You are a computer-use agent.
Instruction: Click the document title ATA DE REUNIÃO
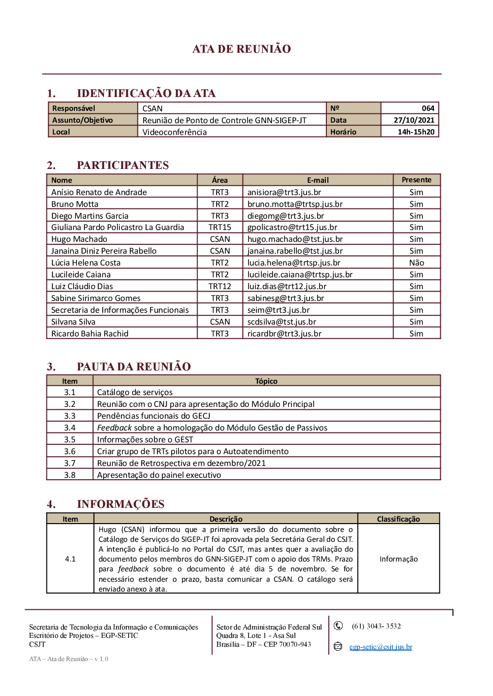click(x=242, y=49)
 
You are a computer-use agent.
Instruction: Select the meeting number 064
click(x=427, y=108)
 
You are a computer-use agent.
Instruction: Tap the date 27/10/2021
click(x=414, y=120)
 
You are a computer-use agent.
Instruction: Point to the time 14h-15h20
click(x=416, y=132)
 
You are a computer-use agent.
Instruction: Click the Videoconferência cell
click(x=175, y=132)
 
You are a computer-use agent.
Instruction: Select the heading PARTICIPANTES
click(x=123, y=165)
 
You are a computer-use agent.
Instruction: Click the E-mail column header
click(x=317, y=180)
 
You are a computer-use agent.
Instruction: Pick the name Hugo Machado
click(x=79, y=239)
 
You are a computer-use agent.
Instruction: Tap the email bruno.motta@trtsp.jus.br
click(x=295, y=204)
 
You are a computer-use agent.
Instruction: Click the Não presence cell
click(x=416, y=263)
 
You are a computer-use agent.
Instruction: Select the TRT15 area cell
click(x=219, y=228)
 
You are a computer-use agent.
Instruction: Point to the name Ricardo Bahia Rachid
click(x=90, y=334)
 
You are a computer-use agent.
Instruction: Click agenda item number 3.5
click(x=70, y=440)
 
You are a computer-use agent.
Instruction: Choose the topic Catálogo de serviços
click(x=135, y=393)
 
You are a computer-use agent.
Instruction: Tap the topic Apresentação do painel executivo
click(x=159, y=475)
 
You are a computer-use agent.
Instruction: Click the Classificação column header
click(x=398, y=519)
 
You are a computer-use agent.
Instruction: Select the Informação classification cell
click(x=398, y=559)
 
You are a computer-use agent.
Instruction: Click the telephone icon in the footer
click(x=338, y=626)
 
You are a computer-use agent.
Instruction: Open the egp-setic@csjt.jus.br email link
click(x=381, y=647)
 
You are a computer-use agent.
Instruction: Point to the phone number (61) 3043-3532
click(x=376, y=626)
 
